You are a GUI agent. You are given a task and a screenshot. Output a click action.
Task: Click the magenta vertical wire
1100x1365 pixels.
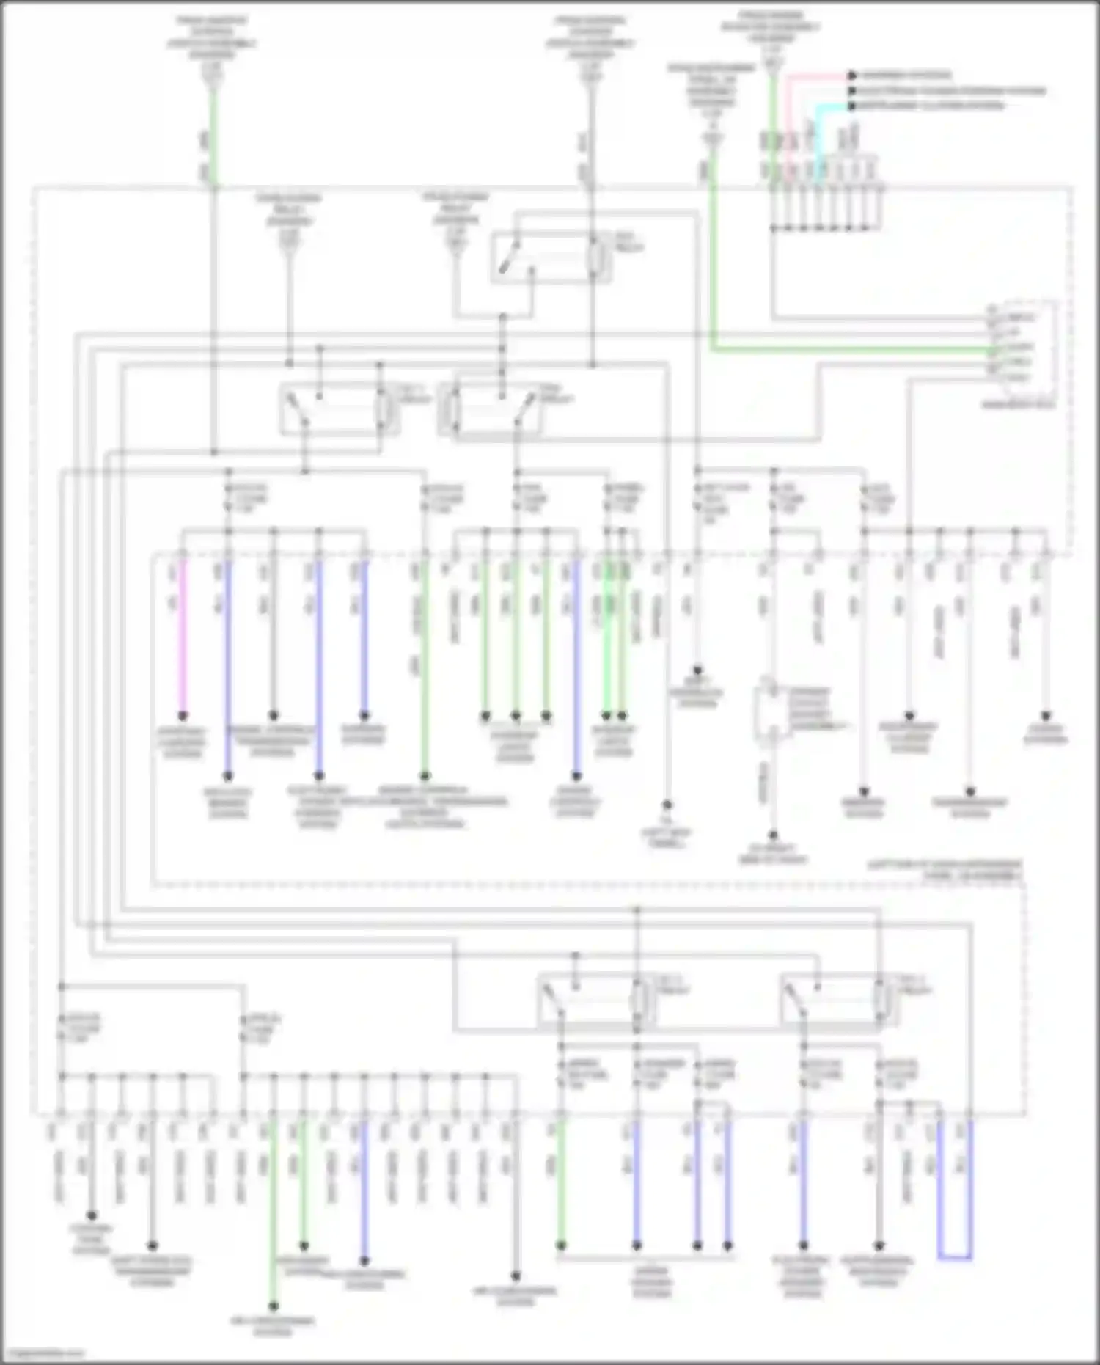click(183, 638)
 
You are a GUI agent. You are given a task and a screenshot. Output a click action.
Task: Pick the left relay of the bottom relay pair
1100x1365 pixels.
click(595, 1001)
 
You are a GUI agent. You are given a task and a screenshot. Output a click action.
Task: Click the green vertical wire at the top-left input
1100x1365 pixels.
click(213, 132)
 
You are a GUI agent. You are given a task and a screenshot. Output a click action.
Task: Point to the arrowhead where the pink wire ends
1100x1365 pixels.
click(852, 75)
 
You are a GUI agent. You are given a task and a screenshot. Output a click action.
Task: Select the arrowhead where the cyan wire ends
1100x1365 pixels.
click(852, 106)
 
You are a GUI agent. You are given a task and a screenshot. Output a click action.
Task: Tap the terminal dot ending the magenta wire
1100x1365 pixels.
click(183, 715)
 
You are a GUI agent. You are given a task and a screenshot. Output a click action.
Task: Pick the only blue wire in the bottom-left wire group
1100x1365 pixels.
click(364, 1188)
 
